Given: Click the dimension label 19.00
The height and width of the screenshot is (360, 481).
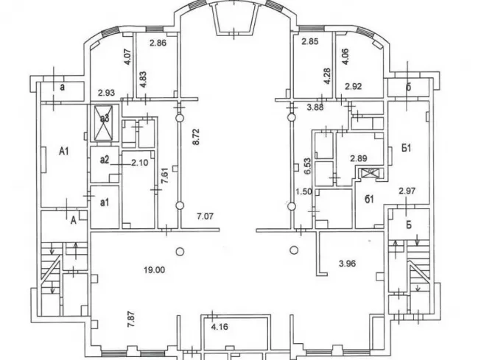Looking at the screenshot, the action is [x=154, y=270].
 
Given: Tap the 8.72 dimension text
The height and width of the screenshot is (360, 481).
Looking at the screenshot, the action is [x=195, y=137].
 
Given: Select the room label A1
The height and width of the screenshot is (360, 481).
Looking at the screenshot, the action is [x=64, y=151].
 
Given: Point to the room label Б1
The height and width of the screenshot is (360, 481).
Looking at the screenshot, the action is [x=406, y=149].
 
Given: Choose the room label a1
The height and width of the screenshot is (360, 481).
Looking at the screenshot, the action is [x=105, y=202].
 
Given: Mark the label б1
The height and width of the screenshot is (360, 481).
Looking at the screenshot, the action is [x=369, y=200].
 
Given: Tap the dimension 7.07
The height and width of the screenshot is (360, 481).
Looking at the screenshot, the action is [x=205, y=216].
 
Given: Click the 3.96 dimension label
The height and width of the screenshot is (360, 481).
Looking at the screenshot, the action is [x=347, y=264].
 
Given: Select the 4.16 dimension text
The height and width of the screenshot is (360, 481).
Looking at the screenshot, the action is [x=220, y=327].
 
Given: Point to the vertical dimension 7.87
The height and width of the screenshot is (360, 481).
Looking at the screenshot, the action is [x=131, y=320].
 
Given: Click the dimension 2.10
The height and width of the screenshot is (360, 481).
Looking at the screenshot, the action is [x=140, y=163].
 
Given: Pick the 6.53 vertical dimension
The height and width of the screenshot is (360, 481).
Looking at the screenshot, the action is [x=307, y=166].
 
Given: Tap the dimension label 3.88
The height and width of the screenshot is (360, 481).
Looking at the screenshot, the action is [x=316, y=107].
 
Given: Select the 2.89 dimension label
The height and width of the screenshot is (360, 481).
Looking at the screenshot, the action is [x=359, y=158].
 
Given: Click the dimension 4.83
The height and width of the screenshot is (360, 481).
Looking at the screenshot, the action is [x=143, y=80].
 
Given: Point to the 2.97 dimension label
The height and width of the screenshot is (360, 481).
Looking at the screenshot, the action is [x=407, y=191].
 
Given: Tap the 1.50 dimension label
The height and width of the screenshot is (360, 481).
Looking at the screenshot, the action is [x=303, y=191].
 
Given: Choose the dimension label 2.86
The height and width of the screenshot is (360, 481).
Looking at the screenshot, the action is [x=158, y=43].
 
